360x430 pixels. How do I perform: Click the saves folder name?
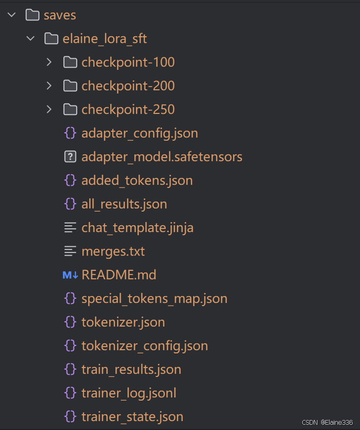(60, 15)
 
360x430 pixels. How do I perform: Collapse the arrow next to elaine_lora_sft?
(31, 38)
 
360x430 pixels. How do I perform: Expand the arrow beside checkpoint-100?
(49, 62)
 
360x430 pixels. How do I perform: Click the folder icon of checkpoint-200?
(70, 86)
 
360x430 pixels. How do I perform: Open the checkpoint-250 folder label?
(128, 109)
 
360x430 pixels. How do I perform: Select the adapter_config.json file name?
(140, 133)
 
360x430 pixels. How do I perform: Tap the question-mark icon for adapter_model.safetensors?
(70, 156)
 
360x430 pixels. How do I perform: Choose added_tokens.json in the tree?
(137, 180)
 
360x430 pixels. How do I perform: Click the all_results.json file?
(124, 204)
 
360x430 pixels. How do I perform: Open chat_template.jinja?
(137, 227)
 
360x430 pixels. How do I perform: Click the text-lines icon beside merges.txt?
(70, 251)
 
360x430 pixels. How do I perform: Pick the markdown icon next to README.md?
(70, 275)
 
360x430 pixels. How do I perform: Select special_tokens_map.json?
(154, 298)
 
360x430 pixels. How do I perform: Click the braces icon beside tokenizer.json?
(70, 322)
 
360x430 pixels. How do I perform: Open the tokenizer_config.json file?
(144, 345)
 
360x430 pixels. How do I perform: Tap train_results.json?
(131, 369)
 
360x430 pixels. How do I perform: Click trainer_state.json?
(132, 416)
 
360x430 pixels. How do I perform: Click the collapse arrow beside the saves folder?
(12, 15)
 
